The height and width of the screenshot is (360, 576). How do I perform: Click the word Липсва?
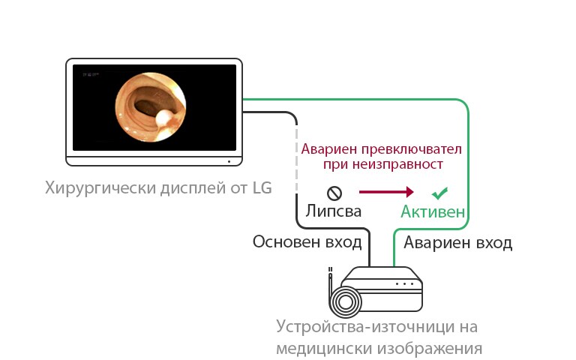[x=333, y=211]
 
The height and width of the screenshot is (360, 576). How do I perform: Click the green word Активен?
[x=432, y=211]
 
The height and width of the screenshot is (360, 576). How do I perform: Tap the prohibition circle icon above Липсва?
[x=334, y=192]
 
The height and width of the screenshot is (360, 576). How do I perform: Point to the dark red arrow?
[x=385, y=192]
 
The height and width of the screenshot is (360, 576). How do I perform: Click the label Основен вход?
[x=307, y=242]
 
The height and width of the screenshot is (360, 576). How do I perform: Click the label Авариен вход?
[x=458, y=243]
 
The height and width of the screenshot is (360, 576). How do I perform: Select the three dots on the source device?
[x=405, y=284]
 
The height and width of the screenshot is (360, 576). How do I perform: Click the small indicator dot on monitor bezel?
[x=227, y=160]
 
